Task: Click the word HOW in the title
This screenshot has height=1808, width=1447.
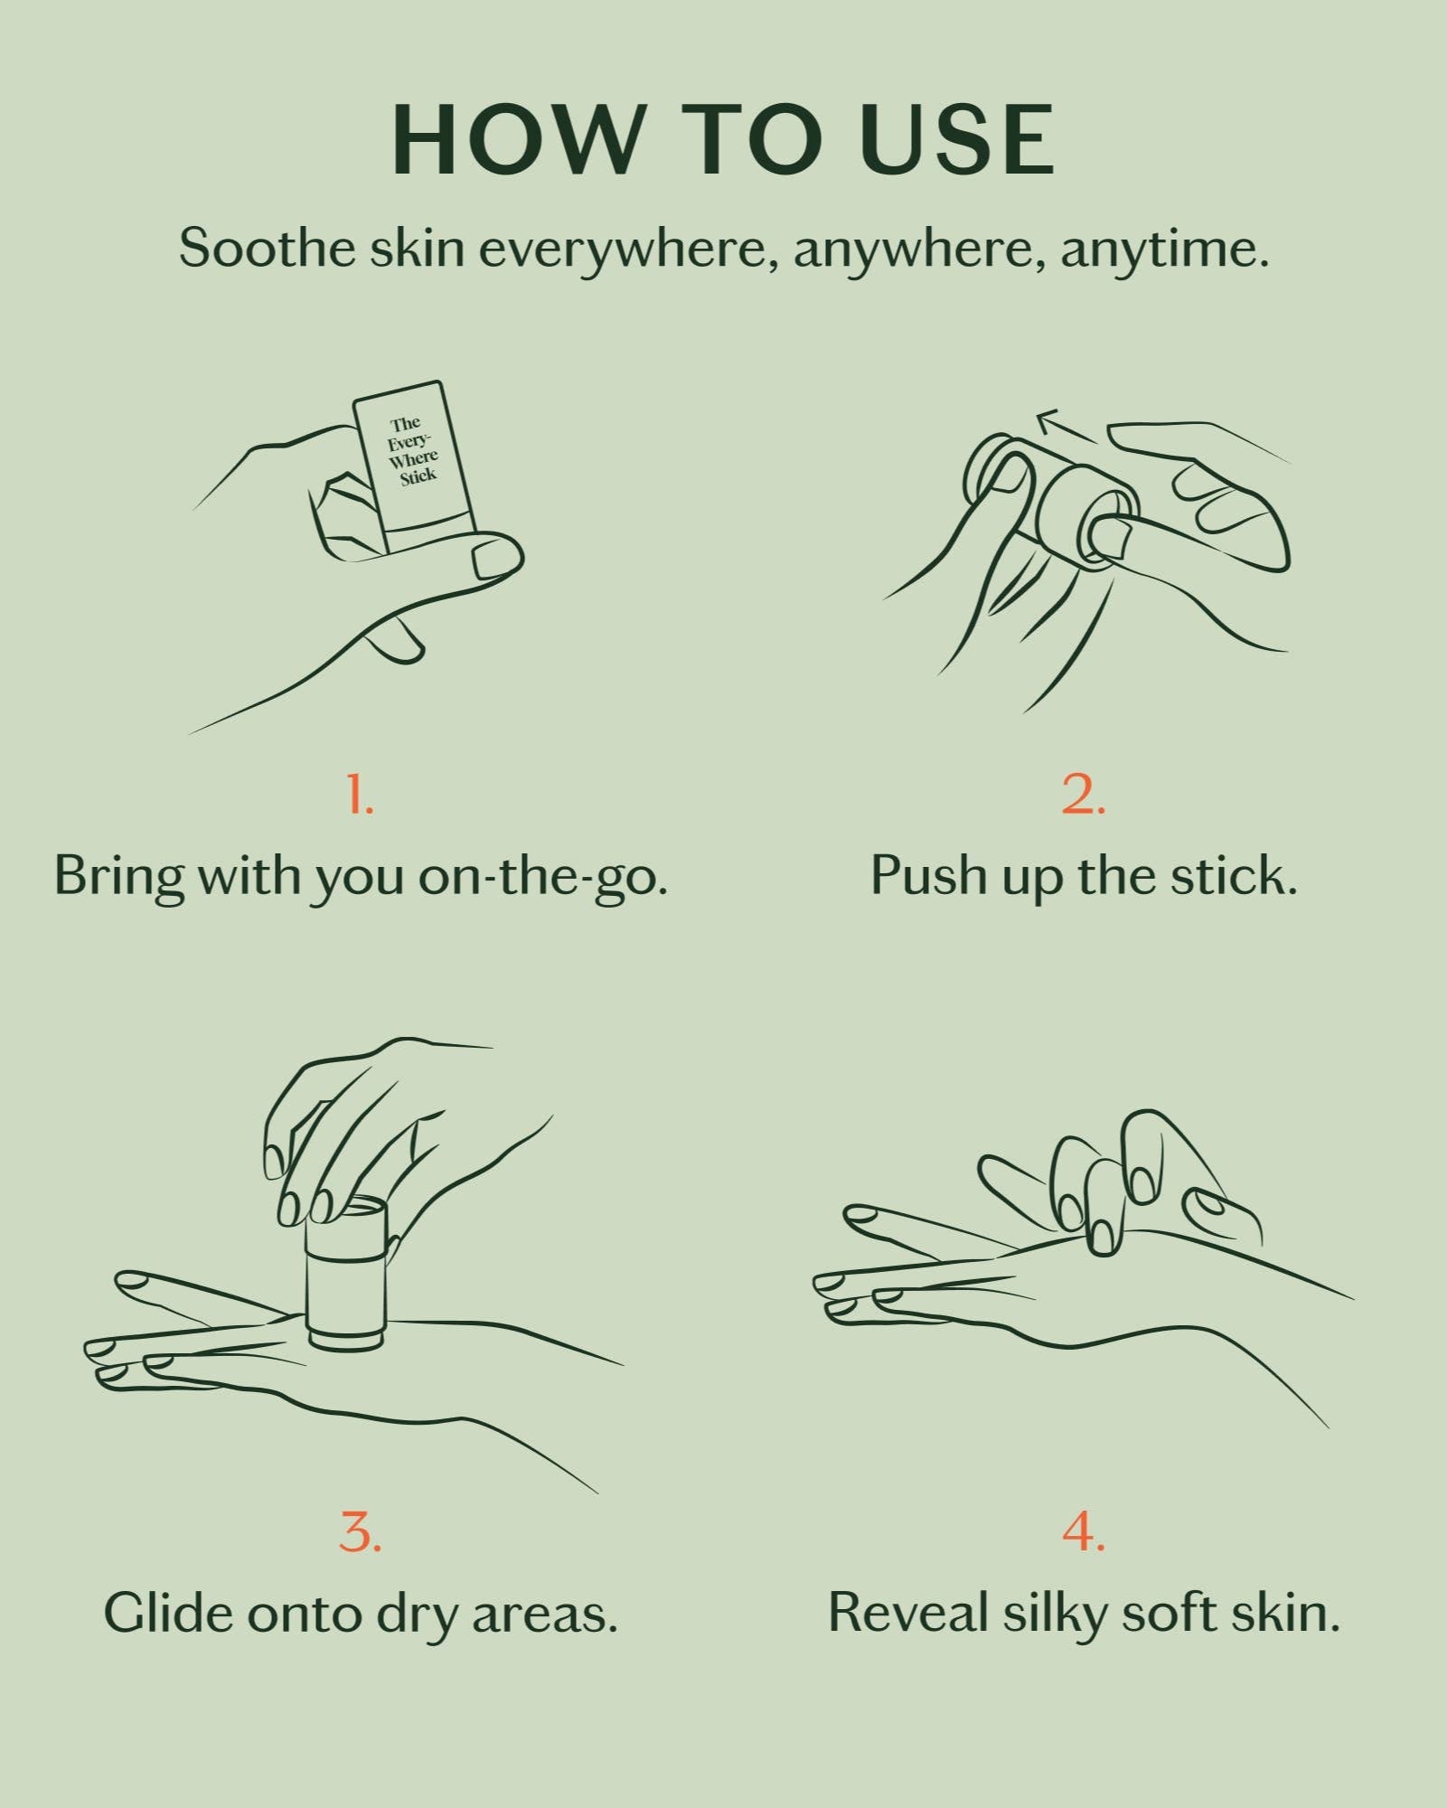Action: (515, 140)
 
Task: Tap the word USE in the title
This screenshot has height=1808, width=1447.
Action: (957, 140)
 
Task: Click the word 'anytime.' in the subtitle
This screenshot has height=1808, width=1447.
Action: (1165, 249)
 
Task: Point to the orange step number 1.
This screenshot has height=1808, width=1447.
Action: (360, 795)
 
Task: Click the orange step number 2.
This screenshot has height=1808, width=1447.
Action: (1083, 795)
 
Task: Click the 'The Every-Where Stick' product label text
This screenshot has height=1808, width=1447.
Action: (412, 450)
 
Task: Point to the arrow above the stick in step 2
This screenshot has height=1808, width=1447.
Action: (1067, 426)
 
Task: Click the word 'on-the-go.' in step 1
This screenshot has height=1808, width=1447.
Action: (542, 876)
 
